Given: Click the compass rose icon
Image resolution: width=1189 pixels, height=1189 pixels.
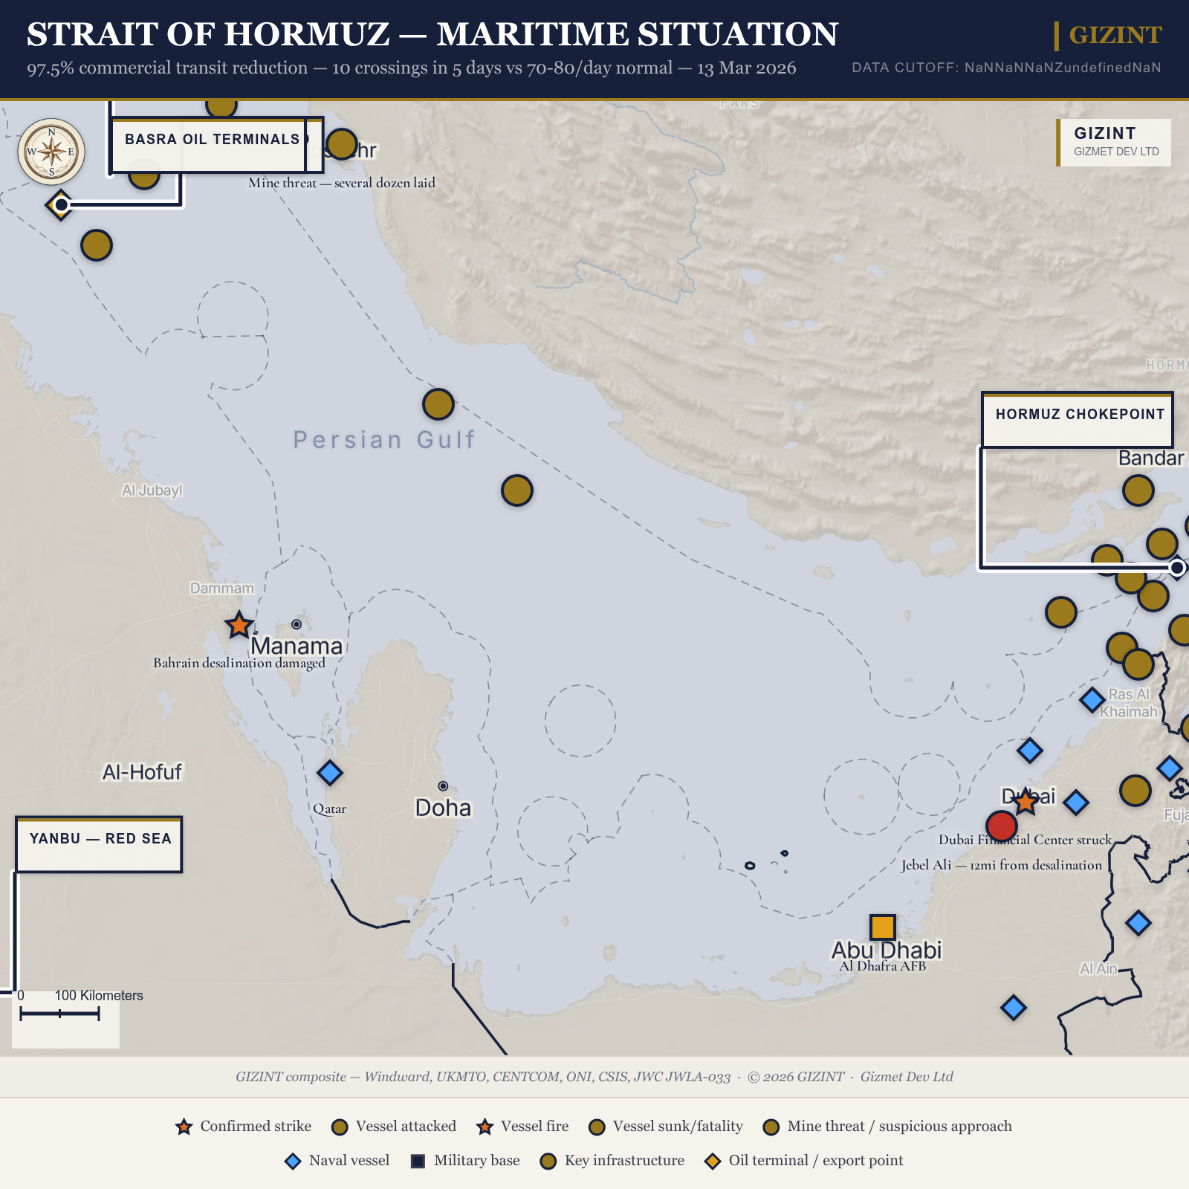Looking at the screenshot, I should (51, 152).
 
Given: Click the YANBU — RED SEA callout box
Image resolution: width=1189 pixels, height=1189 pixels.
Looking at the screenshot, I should (100, 839).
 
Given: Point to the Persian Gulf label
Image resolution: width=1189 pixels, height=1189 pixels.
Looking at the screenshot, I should (383, 440).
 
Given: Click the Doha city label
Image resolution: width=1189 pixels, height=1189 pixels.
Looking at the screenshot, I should (443, 808).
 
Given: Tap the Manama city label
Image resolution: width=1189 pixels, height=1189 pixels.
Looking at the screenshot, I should (297, 646).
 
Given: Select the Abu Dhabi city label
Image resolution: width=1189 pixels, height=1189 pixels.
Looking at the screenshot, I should (886, 950).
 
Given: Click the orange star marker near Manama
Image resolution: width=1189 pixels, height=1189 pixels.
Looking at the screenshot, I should (239, 626).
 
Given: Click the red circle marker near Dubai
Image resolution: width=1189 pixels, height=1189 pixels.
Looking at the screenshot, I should (1001, 826).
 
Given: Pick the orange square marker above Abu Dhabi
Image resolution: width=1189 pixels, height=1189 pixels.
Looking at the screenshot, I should (882, 927).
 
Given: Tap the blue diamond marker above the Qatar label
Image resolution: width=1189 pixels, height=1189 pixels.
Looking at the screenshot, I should (330, 773).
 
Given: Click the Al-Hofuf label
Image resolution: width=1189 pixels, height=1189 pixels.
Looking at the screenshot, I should (142, 772).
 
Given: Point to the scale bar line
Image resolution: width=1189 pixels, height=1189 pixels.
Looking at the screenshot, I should (59, 1014).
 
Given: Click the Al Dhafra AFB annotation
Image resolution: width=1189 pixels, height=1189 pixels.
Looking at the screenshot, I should (882, 966).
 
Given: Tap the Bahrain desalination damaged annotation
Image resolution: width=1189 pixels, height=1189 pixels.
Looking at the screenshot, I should (239, 663).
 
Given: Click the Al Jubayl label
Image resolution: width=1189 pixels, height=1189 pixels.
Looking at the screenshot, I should (152, 490).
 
